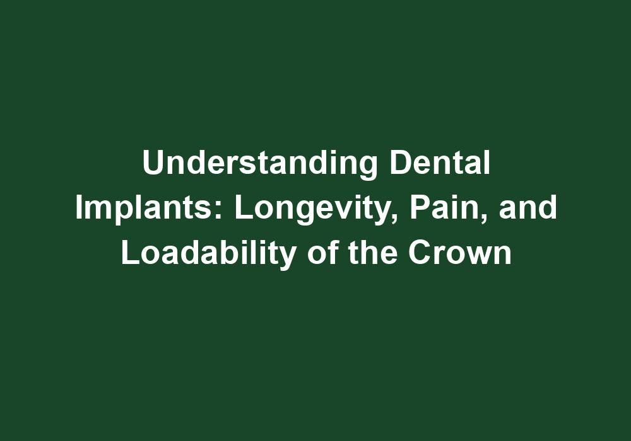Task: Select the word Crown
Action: point(459,253)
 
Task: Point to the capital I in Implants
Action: point(79,209)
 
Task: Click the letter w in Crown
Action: point(478,256)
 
